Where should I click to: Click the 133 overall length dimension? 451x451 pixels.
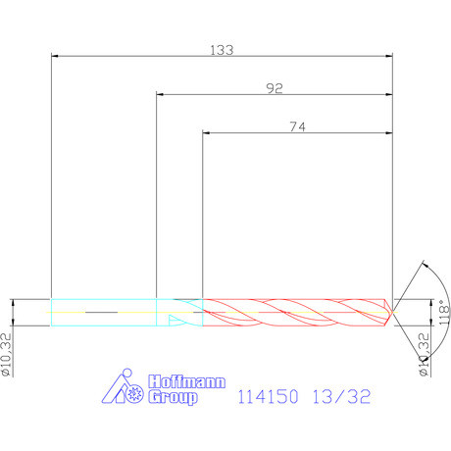(222, 51)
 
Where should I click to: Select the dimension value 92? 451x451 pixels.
(275, 88)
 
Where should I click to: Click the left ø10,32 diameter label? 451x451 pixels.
(8, 352)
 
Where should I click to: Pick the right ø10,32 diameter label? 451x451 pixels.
(425, 353)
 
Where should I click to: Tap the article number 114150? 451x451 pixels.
(266, 398)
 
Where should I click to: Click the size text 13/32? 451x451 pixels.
(337, 398)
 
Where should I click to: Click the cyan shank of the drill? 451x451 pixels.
(103, 312)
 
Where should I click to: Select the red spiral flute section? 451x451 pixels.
(294, 312)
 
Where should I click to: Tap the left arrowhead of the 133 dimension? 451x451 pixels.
(55, 58)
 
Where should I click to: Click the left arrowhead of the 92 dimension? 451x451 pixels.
(161, 95)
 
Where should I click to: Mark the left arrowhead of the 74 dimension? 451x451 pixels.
(207, 133)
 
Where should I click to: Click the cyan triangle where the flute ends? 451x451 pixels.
(175, 320)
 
